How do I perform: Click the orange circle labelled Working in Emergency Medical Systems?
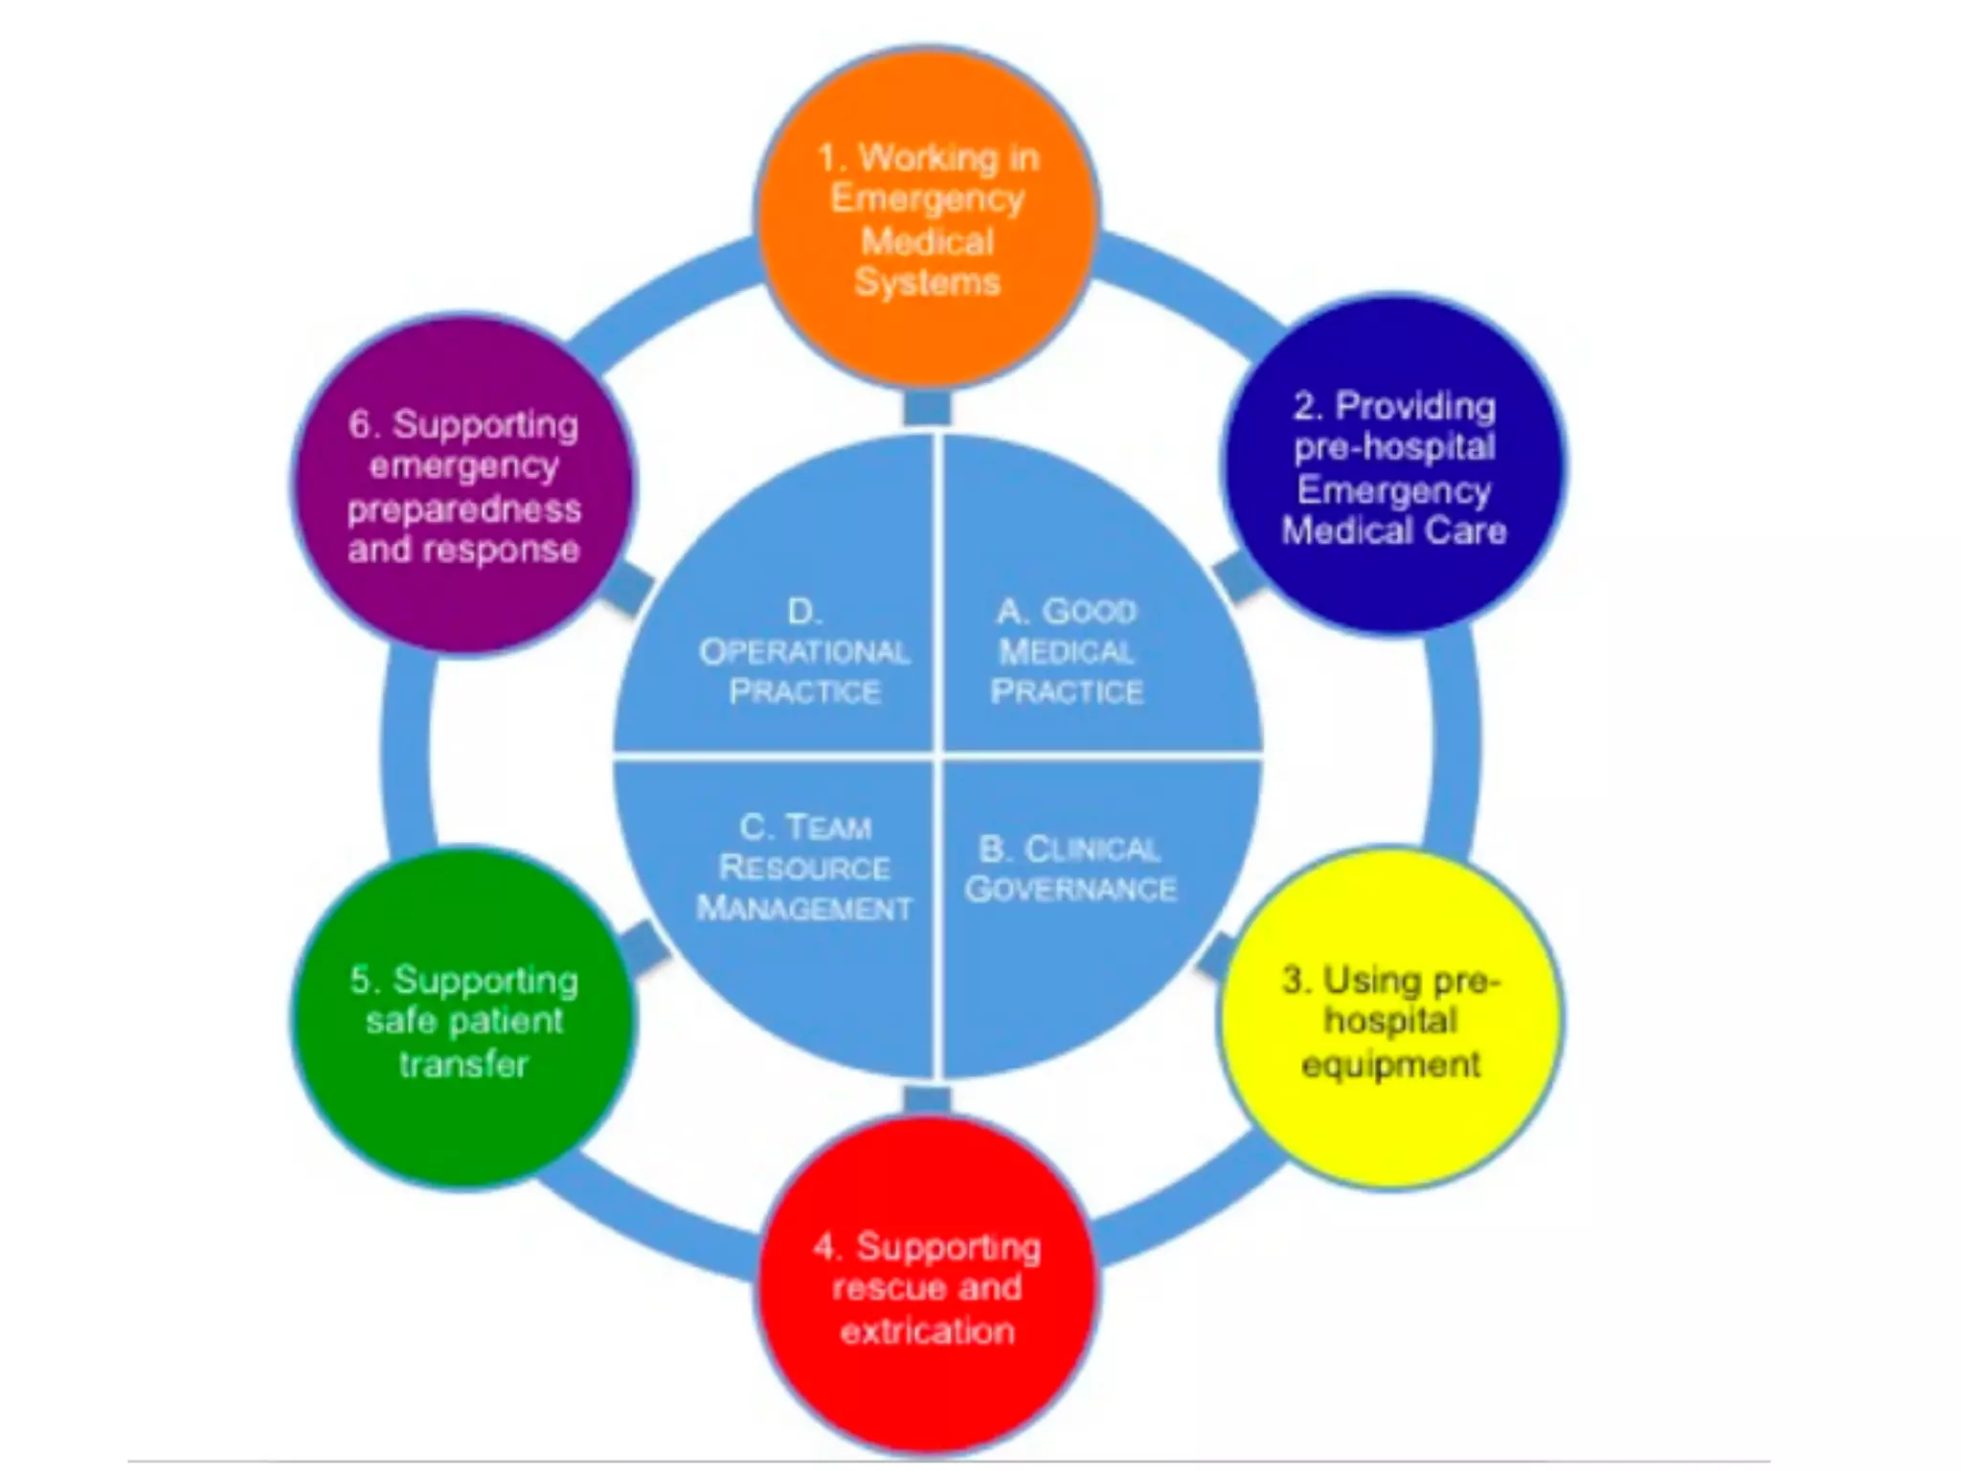(x=927, y=218)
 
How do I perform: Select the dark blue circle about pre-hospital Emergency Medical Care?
(x=1394, y=466)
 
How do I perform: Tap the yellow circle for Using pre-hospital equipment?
(x=1391, y=1019)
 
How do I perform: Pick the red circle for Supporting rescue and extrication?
(x=927, y=1287)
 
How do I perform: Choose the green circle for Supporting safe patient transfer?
(x=463, y=1019)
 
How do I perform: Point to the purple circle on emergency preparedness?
(x=463, y=486)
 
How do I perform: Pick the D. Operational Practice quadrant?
(x=785, y=613)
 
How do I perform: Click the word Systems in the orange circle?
(x=927, y=283)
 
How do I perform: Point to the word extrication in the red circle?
(x=927, y=1331)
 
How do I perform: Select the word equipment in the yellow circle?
(x=1391, y=1064)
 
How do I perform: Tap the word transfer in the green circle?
(x=463, y=1064)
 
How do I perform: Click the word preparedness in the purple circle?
(x=463, y=509)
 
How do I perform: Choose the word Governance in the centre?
(x=1071, y=890)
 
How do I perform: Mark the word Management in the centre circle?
(x=804, y=908)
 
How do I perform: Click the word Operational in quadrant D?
(x=804, y=652)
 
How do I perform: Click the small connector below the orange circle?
(x=927, y=408)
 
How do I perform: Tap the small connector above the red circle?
(x=927, y=1099)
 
